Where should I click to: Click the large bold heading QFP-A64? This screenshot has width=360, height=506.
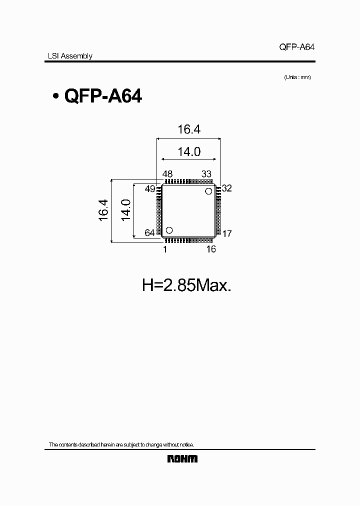point(103,96)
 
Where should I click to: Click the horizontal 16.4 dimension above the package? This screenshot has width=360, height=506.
point(188,129)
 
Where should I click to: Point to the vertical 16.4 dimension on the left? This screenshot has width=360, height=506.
point(103,210)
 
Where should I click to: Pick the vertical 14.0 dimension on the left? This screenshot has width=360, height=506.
point(125,210)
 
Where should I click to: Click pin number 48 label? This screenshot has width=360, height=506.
point(167,174)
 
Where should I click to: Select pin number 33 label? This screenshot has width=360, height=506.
point(206,174)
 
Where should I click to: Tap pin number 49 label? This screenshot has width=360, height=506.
point(150,188)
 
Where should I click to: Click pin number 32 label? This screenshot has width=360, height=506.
point(227,188)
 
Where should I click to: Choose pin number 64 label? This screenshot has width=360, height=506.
point(150,233)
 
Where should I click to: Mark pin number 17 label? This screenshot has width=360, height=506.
point(227,233)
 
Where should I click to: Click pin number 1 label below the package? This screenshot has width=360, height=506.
point(164,249)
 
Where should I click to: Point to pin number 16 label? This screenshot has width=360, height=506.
point(211,249)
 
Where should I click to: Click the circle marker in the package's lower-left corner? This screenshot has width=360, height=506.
point(169,230)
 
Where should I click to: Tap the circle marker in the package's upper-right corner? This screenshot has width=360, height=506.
point(208,191)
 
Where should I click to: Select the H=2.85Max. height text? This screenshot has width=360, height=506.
point(186,285)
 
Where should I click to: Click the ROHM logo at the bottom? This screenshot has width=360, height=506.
point(182,459)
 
